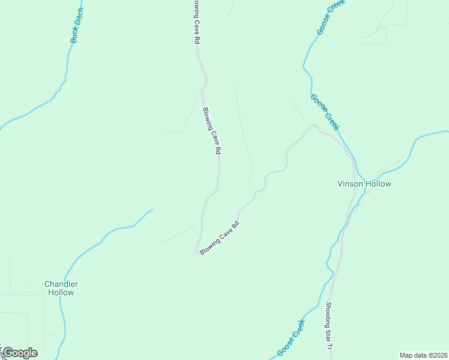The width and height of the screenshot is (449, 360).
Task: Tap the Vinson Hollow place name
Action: click(364, 184)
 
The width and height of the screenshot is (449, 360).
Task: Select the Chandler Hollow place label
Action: click(61, 288)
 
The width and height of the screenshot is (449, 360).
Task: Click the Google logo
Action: click(20, 352)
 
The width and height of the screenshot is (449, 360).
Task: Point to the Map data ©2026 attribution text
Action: click(423, 355)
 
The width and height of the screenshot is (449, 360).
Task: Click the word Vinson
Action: click(349, 184)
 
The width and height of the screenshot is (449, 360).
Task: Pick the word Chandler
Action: click(61, 284)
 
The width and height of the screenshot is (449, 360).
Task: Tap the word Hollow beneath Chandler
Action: click(61, 293)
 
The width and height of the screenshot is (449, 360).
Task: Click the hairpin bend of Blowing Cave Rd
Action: click(197, 250)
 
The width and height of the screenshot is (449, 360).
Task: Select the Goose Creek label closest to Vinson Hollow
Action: click(325, 112)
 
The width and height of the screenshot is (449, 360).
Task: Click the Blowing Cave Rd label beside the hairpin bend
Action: click(220, 238)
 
